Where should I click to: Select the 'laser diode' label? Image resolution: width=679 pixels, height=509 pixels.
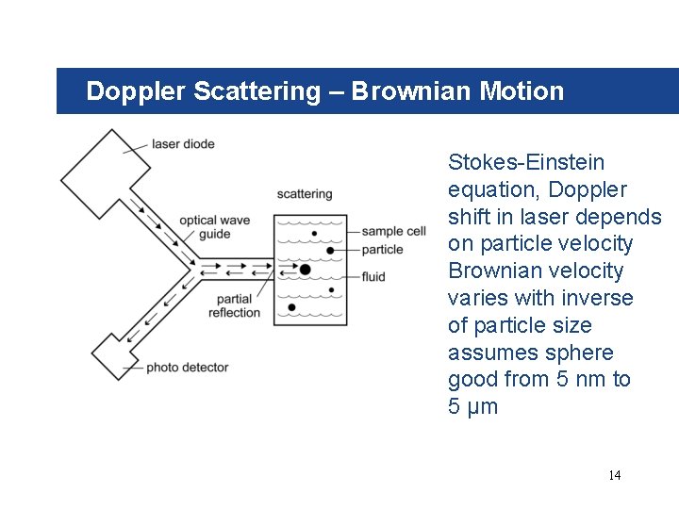click(182, 144)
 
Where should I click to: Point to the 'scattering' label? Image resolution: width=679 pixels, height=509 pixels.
click(304, 194)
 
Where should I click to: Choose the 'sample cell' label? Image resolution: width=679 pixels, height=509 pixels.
click(393, 231)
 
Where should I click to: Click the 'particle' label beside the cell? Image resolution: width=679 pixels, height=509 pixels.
click(382, 250)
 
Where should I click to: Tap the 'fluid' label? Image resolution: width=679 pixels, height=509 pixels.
click(373, 277)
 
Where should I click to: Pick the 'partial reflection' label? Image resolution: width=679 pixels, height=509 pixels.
click(234, 305)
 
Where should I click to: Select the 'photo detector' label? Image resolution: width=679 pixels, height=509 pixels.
click(187, 367)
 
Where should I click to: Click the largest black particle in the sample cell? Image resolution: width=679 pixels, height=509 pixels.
click(305, 270)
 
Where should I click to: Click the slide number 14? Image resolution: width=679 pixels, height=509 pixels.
click(614, 475)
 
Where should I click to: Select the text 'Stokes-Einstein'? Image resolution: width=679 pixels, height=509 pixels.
click(526, 163)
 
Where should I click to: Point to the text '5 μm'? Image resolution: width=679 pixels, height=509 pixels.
click(472, 407)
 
